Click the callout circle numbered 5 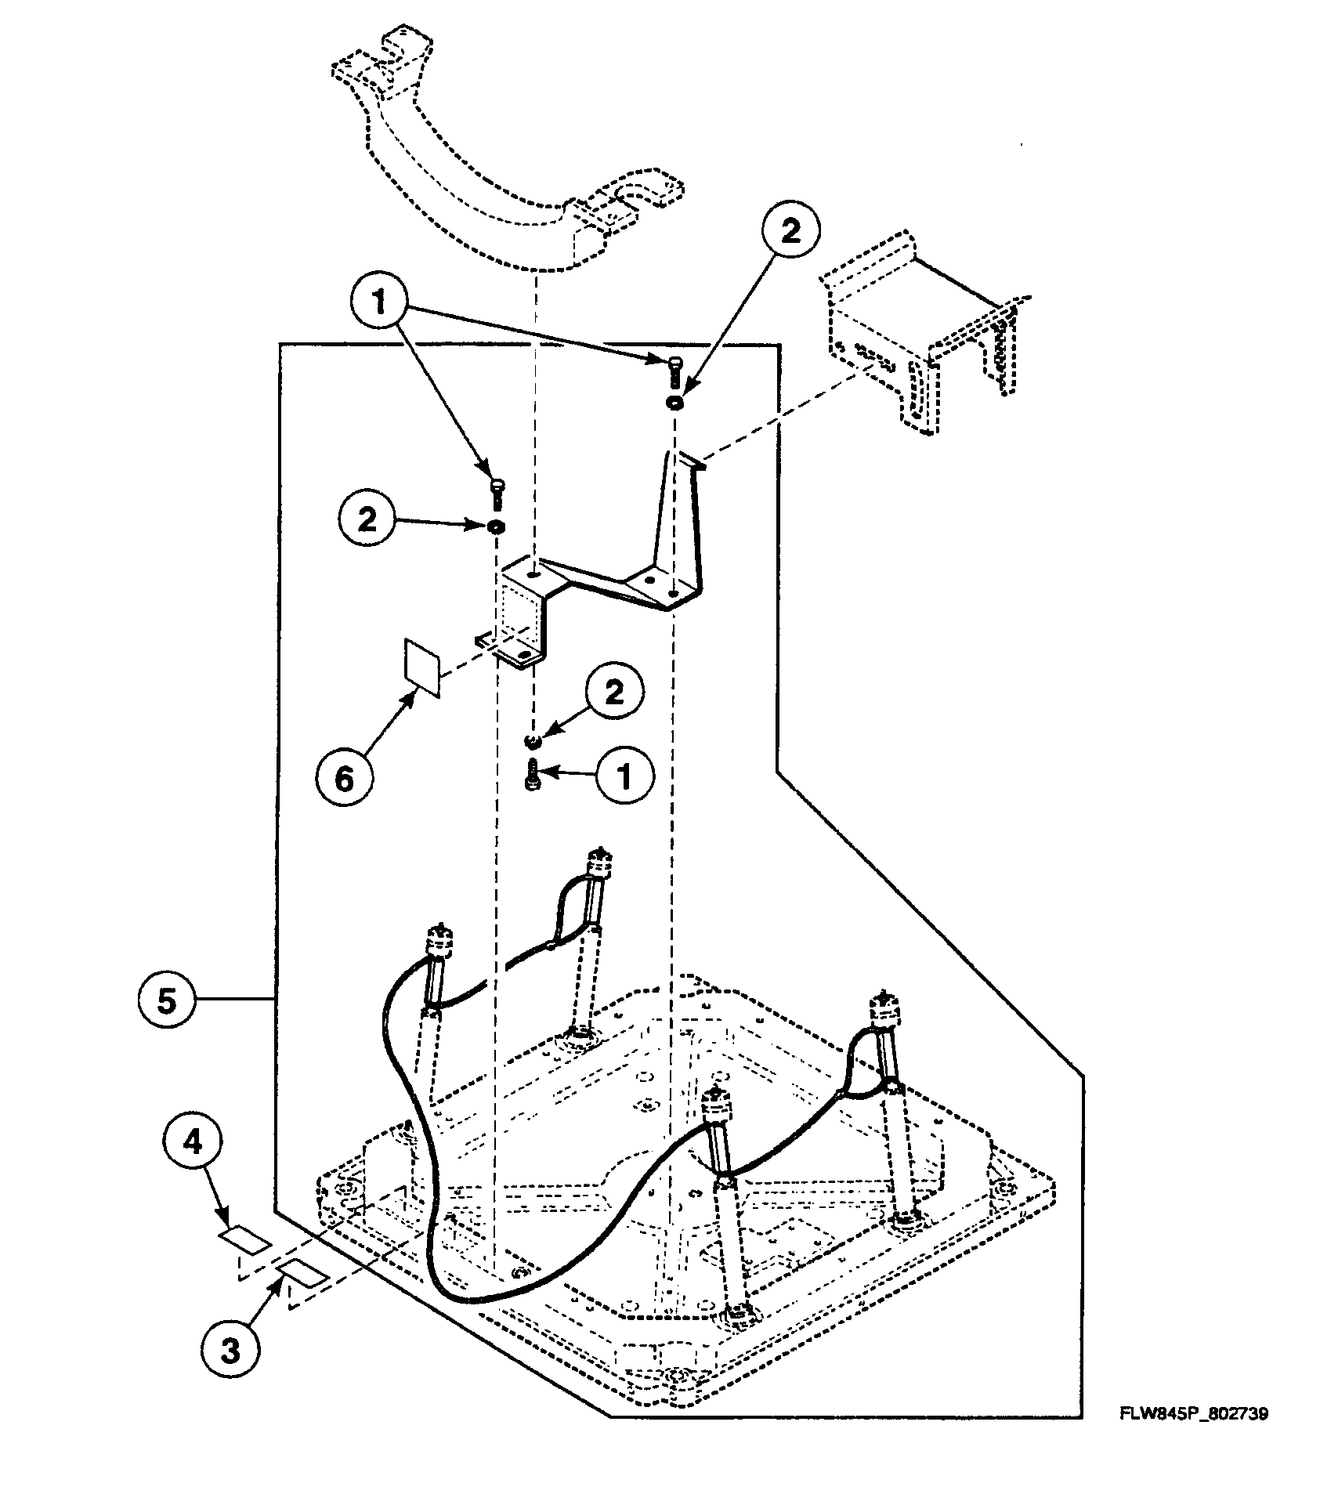pyautogui.click(x=166, y=1002)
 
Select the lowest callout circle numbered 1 pyautogui.click(x=624, y=776)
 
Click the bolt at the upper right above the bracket pyautogui.click(x=674, y=370)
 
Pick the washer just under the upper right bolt pyautogui.click(x=674, y=402)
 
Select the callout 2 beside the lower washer pyautogui.click(x=613, y=693)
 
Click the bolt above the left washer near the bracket pyautogui.click(x=497, y=494)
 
